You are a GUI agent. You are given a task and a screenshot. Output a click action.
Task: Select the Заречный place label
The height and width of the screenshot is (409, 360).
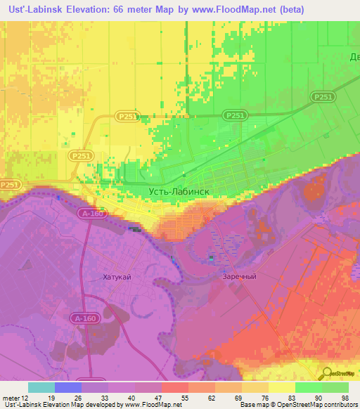240,277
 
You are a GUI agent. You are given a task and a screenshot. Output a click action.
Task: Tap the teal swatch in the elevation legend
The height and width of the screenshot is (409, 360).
41,387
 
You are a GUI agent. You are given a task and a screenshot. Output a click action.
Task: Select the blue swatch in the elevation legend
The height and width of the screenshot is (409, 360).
68,387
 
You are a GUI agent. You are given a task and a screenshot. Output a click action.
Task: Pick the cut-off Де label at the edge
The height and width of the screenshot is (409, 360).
354,57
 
